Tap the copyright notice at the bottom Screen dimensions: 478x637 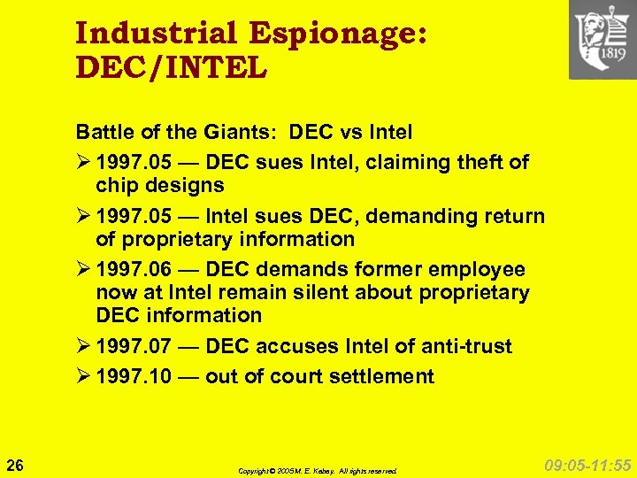pyautogui.click(x=317, y=471)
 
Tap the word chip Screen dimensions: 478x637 pyautogui.click(x=116, y=185)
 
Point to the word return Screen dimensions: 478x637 pyautogui.click(x=515, y=216)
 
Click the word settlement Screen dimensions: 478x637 pyautogui.click(x=384, y=376)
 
